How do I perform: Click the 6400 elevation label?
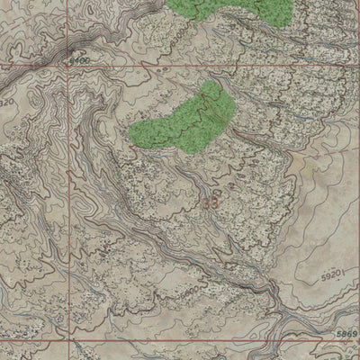78,59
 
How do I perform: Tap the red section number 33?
211,203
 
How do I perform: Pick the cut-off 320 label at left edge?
7,103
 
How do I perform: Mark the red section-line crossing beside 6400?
68,66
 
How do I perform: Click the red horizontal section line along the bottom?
180,341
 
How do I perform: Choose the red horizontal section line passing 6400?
180,66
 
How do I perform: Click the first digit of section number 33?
206,203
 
